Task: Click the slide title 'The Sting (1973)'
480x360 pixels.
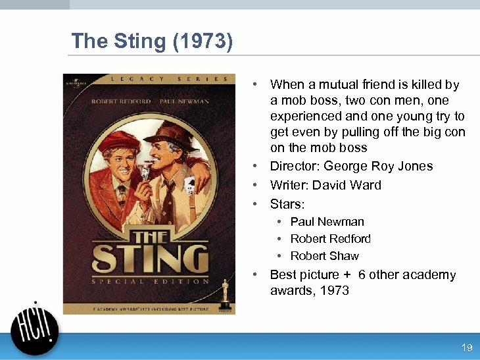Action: click(152, 41)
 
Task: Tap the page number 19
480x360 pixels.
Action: click(467, 347)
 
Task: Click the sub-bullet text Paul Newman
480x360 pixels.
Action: click(327, 222)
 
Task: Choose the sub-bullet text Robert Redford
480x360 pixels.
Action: click(330, 239)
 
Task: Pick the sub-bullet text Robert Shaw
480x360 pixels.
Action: click(324, 256)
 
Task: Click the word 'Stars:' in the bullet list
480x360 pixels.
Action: click(287, 204)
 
